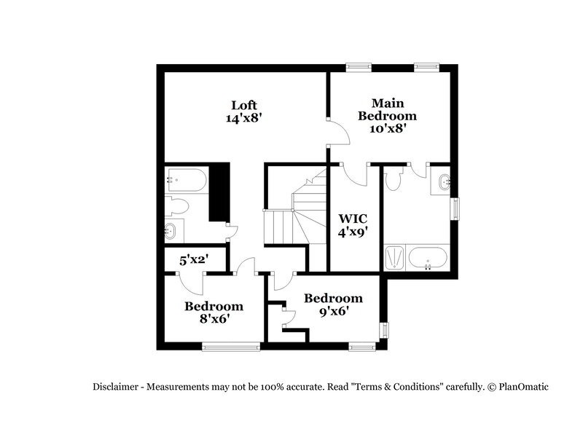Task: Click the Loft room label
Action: (x=243, y=103)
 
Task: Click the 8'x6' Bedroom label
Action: (x=213, y=306)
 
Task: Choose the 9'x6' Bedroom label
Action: (x=333, y=298)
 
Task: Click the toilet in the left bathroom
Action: (x=178, y=207)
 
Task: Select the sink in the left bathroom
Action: (x=171, y=231)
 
